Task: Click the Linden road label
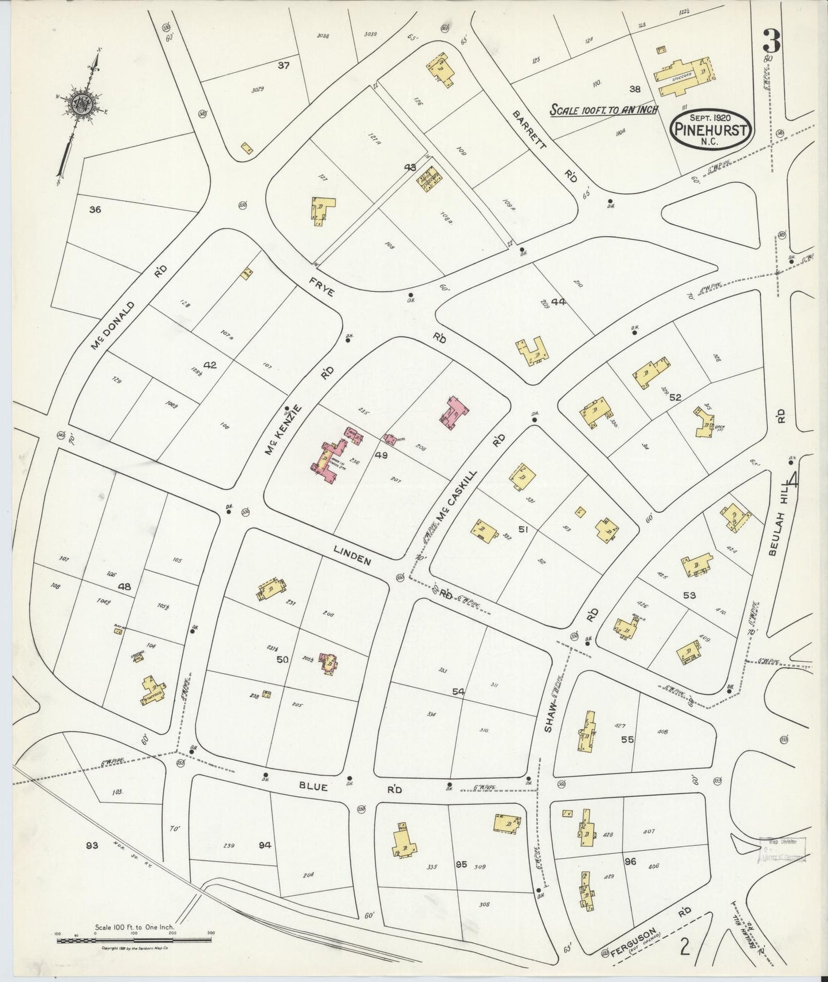(x=353, y=555)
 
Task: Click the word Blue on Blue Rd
(x=312, y=788)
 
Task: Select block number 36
(x=95, y=210)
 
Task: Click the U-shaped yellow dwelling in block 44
(x=533, y=351)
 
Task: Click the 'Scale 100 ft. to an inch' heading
(x=604, y=109)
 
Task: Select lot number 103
(x=118, y=792)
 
